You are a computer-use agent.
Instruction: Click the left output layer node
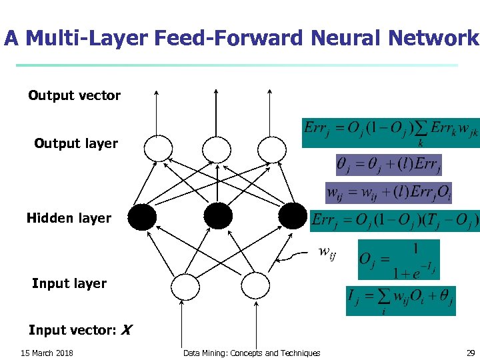tap(158, 148)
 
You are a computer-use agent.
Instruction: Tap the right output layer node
tap(271, 148)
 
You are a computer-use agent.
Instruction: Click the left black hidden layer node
tap(142, 217)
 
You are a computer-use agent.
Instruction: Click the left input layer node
tap(185, 287)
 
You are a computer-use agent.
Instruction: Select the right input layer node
tap(253, 287)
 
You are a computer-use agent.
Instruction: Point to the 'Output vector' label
tap(74, 95)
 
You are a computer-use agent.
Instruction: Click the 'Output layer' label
tap(76, 143)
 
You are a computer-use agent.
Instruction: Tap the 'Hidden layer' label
tap(69, 218)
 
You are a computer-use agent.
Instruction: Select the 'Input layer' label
tap(69, 283)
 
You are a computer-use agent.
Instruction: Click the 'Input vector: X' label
tap(81, 330)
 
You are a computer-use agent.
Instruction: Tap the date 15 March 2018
tap(47, 353)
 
